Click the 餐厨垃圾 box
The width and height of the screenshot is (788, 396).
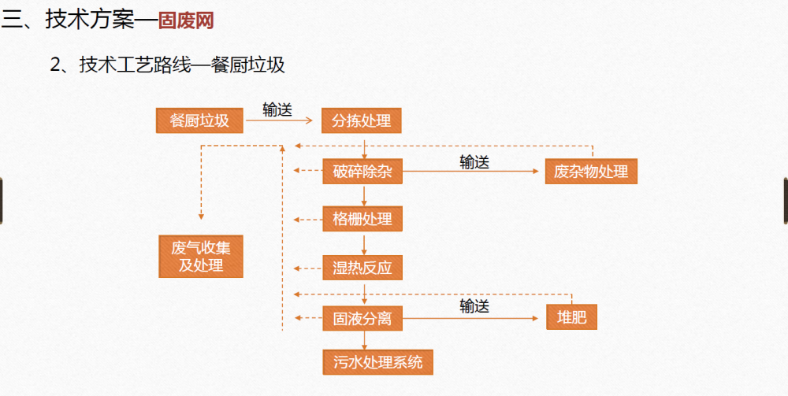(199, 120)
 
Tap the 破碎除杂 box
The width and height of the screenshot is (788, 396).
(362, 171)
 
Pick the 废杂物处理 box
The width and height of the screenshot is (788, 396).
(591, 171)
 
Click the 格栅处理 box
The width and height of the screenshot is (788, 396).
(362, 219)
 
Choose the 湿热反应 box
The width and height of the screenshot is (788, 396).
(362, 268)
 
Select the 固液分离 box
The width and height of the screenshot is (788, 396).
(362, 319)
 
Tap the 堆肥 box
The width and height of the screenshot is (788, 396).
(571, 318)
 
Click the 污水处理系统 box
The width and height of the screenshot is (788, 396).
(378, 362)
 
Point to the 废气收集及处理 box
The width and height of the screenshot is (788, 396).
(201, 256)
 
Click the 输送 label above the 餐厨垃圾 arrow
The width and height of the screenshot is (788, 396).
(277, 109)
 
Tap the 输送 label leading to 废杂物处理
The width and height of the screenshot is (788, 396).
(474, 161)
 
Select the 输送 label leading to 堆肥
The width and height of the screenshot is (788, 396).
(474, 307)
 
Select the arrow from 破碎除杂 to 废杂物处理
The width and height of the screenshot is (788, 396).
(473, 172)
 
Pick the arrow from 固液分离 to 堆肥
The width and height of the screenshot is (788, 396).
(473, 318)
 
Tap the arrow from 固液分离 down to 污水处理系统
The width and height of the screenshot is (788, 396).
(364, 339)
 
